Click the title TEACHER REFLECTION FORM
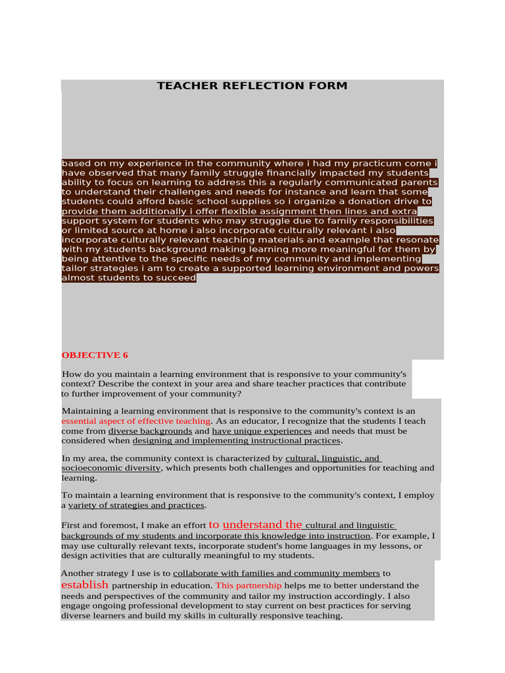point(252,86)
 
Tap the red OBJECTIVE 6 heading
point(95,355)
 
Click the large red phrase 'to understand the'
point(255,524)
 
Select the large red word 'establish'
point(84,584)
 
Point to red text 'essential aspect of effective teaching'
point(136,421)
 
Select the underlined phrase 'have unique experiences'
point(262,431)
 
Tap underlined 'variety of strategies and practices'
point(137,505)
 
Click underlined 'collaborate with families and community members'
point(276,574)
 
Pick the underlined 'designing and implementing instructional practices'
point(237,441)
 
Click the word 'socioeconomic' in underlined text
point(91,468)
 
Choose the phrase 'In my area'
point(82,458)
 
